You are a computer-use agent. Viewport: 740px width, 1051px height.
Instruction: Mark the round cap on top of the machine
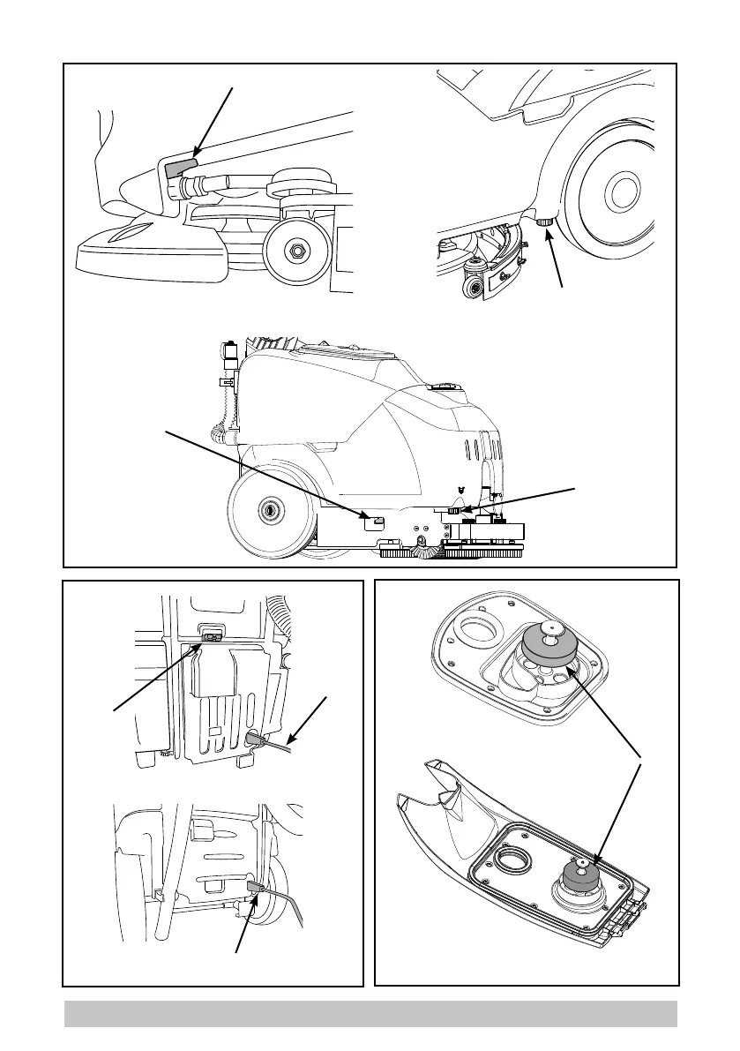[439, 386]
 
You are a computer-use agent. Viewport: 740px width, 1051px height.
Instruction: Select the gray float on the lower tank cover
[577, 873]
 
